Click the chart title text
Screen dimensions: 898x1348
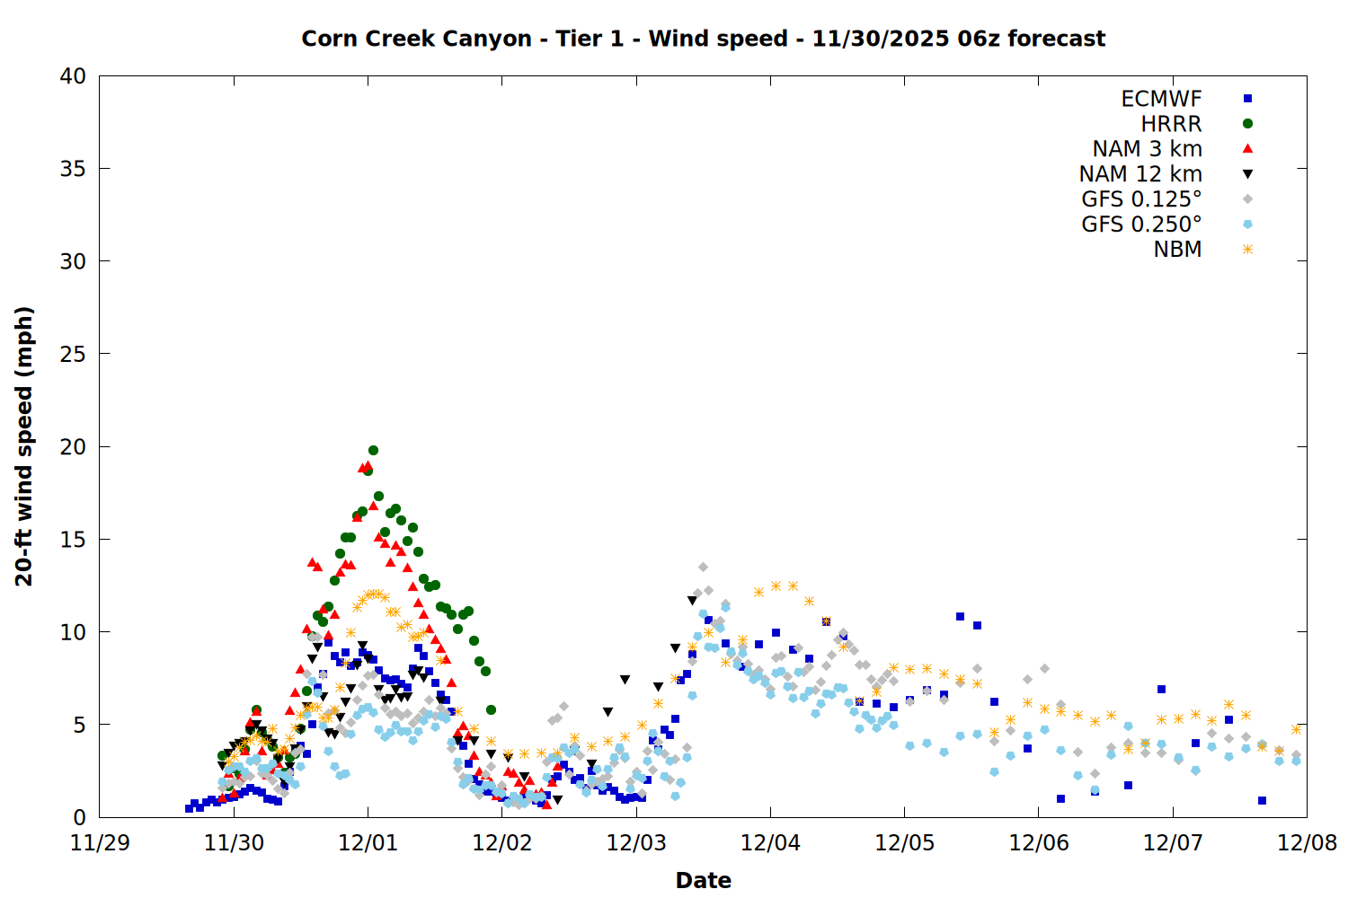(703, 39)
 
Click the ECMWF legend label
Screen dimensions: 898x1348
(1161, 99)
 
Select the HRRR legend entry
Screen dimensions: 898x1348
(1171, 124)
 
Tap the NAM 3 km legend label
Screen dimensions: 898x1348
(1147, 149)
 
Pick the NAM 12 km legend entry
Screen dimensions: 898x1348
(1140, 174)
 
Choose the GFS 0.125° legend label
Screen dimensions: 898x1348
(1141, 199)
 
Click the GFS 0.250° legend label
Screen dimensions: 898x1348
(1141, 224)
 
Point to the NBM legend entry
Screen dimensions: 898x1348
(1177, 250)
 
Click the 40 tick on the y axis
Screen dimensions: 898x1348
(73, 76)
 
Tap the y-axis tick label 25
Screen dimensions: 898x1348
(73, 354)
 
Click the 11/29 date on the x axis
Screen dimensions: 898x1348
(99, 843)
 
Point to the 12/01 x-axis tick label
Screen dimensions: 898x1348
(368, 843)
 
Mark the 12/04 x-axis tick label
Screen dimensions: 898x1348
(770, 843)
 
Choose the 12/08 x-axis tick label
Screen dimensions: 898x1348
(1307, 843)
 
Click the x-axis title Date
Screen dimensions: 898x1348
(703, 880)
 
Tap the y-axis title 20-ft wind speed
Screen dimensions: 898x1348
(24, 446)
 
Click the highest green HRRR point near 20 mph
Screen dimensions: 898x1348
(373, 451)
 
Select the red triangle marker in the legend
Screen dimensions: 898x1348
(1247, 149)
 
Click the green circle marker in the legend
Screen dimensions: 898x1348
(1247, 124)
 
